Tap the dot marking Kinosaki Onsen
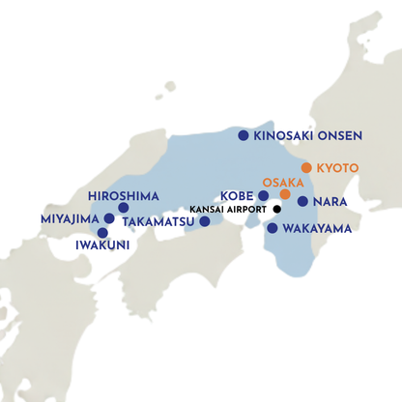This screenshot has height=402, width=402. click(244, 136)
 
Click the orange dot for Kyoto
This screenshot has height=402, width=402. click(306, 167)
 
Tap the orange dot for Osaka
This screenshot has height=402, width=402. click(285, 194)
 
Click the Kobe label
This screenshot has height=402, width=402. click(238, 195)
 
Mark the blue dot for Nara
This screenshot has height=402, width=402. click(302, 202)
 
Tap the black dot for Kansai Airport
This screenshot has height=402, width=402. click(276, 210)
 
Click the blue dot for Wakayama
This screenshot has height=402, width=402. click(273, 229)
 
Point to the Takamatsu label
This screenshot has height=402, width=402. click(160, 221)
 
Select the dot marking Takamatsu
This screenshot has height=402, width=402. click(204, 221)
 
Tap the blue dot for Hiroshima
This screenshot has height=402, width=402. click(123, 207)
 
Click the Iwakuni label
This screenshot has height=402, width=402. click(101, 245)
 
